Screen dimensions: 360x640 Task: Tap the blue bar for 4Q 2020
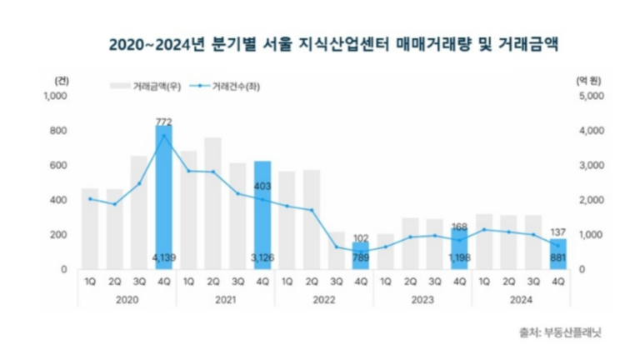(x=163, y=200)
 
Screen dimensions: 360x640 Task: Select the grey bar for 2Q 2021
(x=212, y=203)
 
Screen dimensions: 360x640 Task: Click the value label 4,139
(x=163, y=258)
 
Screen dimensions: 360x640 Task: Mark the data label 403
(x=262, y=187)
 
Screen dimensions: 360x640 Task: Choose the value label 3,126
(x=262, y=258)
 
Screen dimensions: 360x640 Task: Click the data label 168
(x=460, y=226)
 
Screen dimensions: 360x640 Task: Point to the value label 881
(x=558, y=258)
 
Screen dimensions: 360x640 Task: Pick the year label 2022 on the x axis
(x=324, y=297)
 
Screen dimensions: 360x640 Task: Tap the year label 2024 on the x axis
(x=522, y=297)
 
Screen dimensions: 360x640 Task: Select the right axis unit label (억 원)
(x=588, y=81)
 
